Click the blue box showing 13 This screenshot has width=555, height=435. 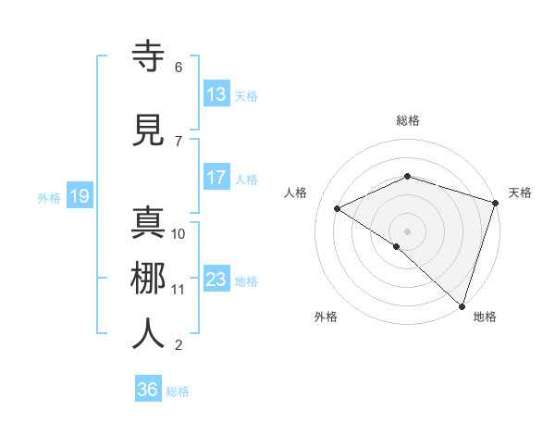click(216, 94)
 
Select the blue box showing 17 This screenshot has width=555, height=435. click(216, 178)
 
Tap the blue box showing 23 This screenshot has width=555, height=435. click(216, 280)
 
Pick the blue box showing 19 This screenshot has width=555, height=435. click(79, 196)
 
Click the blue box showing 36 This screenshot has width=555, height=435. click(148, 390)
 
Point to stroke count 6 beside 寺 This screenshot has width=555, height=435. click(179, 67)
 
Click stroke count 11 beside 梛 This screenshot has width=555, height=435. click(179, 289)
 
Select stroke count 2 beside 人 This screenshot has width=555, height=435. click(179, 345)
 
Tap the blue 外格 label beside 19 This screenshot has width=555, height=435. click(49, 197)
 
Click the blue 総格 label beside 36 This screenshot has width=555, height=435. click(179, 391)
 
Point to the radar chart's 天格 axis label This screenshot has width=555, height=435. click(520, 193)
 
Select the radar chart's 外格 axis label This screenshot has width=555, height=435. click(326, 317)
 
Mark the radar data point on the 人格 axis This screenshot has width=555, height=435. click(338, 209)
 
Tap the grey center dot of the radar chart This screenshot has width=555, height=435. click(407, 230)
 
